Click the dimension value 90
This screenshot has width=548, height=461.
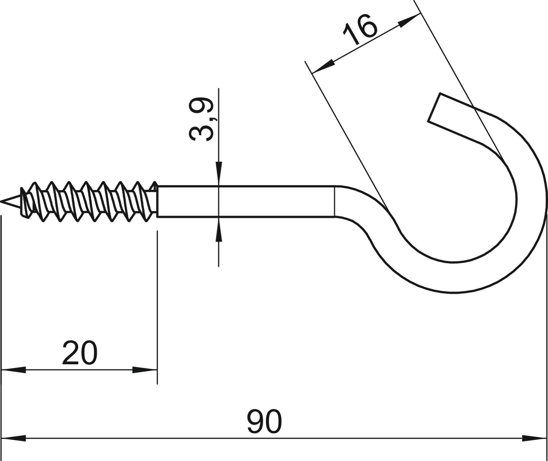(x=265, y=422)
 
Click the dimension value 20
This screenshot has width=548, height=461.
(x=80, y=353)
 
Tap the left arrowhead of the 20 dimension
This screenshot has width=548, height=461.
(x=14, y=370)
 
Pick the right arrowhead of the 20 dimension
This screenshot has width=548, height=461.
(x=145, y=370)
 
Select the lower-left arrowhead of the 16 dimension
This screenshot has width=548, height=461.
(x=323, y=66)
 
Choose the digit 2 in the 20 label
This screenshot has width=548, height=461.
(x=71, y=353)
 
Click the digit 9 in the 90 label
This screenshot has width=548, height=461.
(x=255, y=422)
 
